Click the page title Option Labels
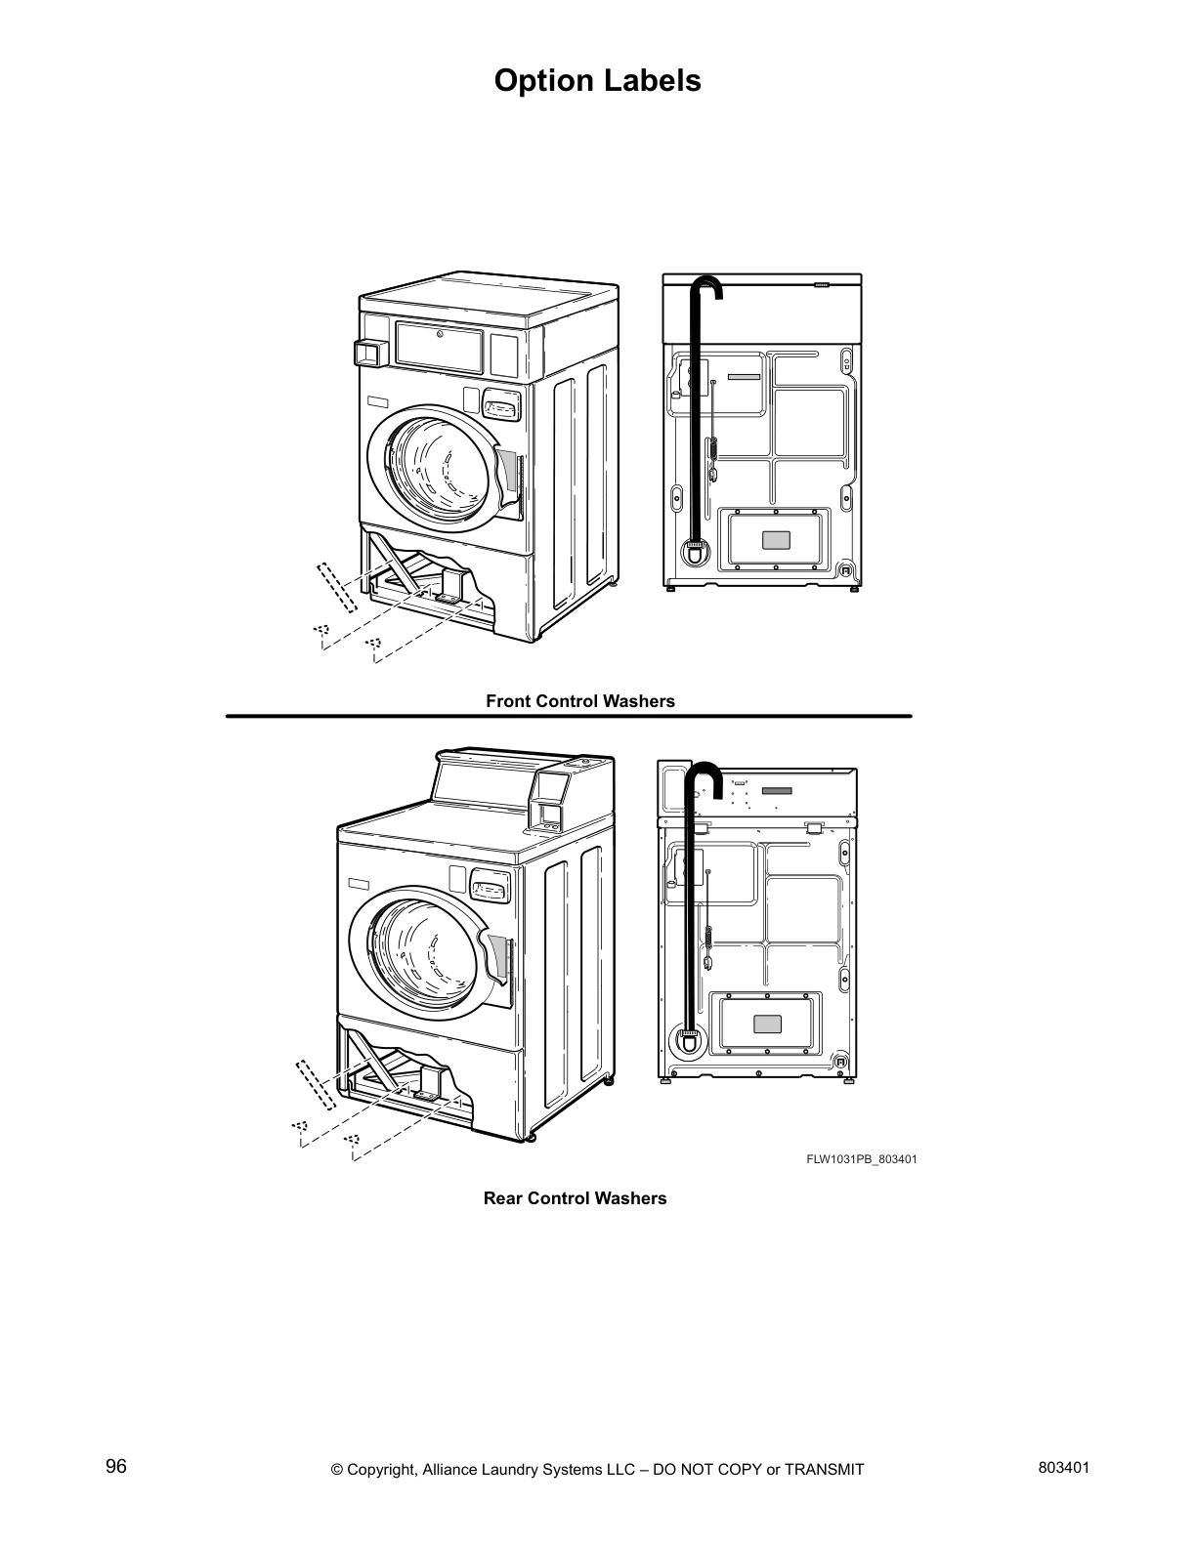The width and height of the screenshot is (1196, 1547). coord(597,80)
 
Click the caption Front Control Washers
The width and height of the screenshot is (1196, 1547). coord(580,701)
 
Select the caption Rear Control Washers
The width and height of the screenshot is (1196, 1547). coord(575,1198)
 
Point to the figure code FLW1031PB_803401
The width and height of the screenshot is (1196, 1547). coord(861,1159)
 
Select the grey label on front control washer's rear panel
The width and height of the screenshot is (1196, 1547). coord(775,539)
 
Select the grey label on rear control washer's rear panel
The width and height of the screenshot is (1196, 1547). coord(768,1024)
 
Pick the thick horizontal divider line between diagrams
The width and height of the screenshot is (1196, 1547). coord(569,716)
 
